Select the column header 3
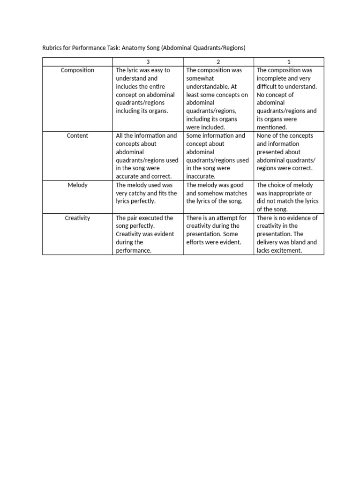tap(148, 62)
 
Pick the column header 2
tap(218, 62)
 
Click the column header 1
tap(289, 62)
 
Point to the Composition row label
tap(77, 70)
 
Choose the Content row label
tap(77, 136)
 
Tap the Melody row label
tap(77, 185)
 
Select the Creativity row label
tap(77, 218)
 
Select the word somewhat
tap(201, 78)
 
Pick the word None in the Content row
tap(264, 136)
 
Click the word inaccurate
tap(201, 177)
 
